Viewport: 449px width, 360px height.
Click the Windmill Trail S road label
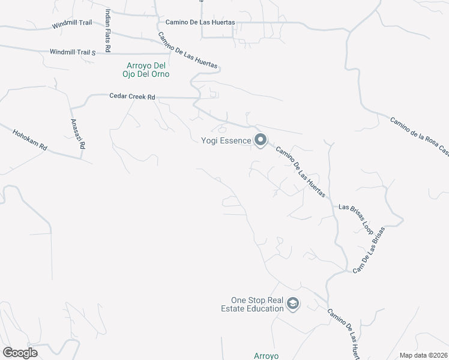tap(73, 53)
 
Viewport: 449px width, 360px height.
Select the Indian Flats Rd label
tap(108, 30)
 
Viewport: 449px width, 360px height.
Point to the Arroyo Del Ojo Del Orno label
tap(148, 70)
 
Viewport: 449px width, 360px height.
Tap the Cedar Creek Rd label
tap(132, 96)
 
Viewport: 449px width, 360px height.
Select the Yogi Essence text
tap(226, 141)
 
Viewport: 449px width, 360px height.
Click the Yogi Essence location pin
tap(261, 140)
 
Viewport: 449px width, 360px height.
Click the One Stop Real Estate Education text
tap(258, 305)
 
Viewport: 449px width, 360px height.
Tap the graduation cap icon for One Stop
tap(293, 304)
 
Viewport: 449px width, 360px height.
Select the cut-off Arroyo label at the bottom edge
tap(267, 356)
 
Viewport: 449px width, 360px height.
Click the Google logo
tap(20, 352)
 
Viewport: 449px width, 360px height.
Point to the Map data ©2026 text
tap(423, 355)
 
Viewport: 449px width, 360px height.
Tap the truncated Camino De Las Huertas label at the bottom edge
tap(343, 333)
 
